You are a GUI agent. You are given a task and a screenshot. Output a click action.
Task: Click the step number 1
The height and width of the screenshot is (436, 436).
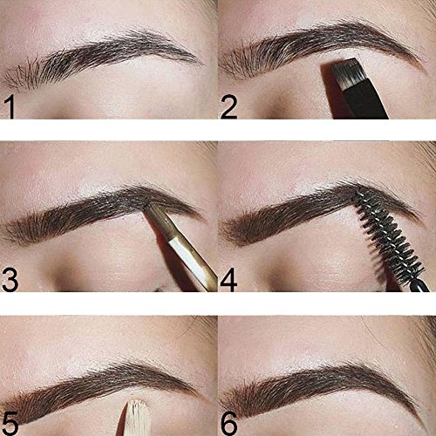click(x=10, y=106)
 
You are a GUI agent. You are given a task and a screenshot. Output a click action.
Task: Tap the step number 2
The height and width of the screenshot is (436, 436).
click(x=229, y=106)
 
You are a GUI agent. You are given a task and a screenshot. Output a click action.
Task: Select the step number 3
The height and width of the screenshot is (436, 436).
click(x=10, y=280)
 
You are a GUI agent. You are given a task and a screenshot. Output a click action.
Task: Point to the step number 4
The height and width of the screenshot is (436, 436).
click(x=229, y=280)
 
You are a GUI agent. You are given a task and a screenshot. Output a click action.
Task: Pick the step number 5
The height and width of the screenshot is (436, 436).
click(x=10, y=424)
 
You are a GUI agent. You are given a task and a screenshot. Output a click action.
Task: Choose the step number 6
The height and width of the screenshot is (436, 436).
click(x=229, y=424)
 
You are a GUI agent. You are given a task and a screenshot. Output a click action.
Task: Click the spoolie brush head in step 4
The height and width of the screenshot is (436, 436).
click(x=388, y=238)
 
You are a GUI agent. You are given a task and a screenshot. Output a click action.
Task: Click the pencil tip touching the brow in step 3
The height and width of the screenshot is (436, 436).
click(x=147, y=206)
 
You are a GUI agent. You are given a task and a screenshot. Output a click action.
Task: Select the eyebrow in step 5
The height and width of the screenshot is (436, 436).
click(x=99, y=386)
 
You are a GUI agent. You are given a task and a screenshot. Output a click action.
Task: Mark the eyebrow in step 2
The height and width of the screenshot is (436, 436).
click(x=320, y=46)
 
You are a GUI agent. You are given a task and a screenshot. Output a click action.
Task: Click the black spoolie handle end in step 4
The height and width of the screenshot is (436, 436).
click(x=419, y=285)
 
